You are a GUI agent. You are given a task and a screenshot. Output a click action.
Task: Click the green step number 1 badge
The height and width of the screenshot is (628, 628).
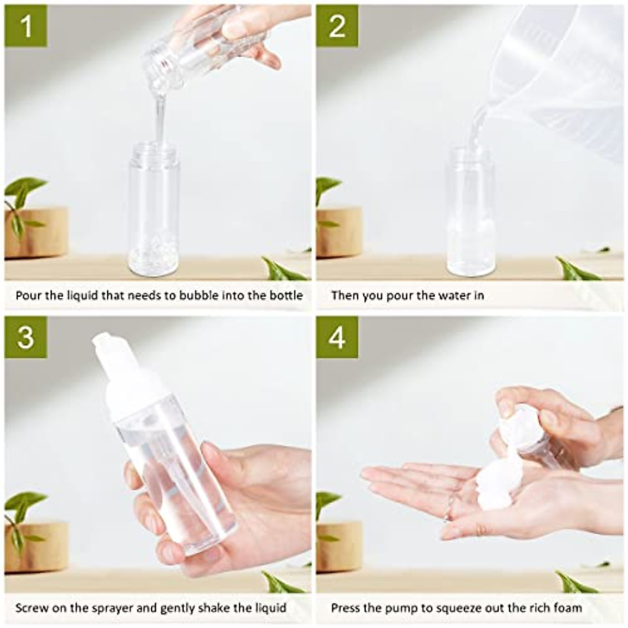tap(26, 26)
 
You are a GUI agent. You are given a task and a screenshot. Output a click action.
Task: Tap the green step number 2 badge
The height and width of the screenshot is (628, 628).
tap(337, 26)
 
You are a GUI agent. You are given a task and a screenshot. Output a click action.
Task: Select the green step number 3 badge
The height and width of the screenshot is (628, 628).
tap(26, 337)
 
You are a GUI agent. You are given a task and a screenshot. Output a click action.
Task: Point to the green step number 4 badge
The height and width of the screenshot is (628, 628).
tap(337, 337)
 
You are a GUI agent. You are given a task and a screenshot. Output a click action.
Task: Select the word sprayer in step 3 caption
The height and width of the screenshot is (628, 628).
tap(110, 608)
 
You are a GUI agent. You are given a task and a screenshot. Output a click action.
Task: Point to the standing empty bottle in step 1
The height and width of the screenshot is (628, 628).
tap(154, 209)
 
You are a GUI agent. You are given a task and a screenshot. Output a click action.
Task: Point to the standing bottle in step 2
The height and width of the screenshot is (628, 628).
tap(470, 215)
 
